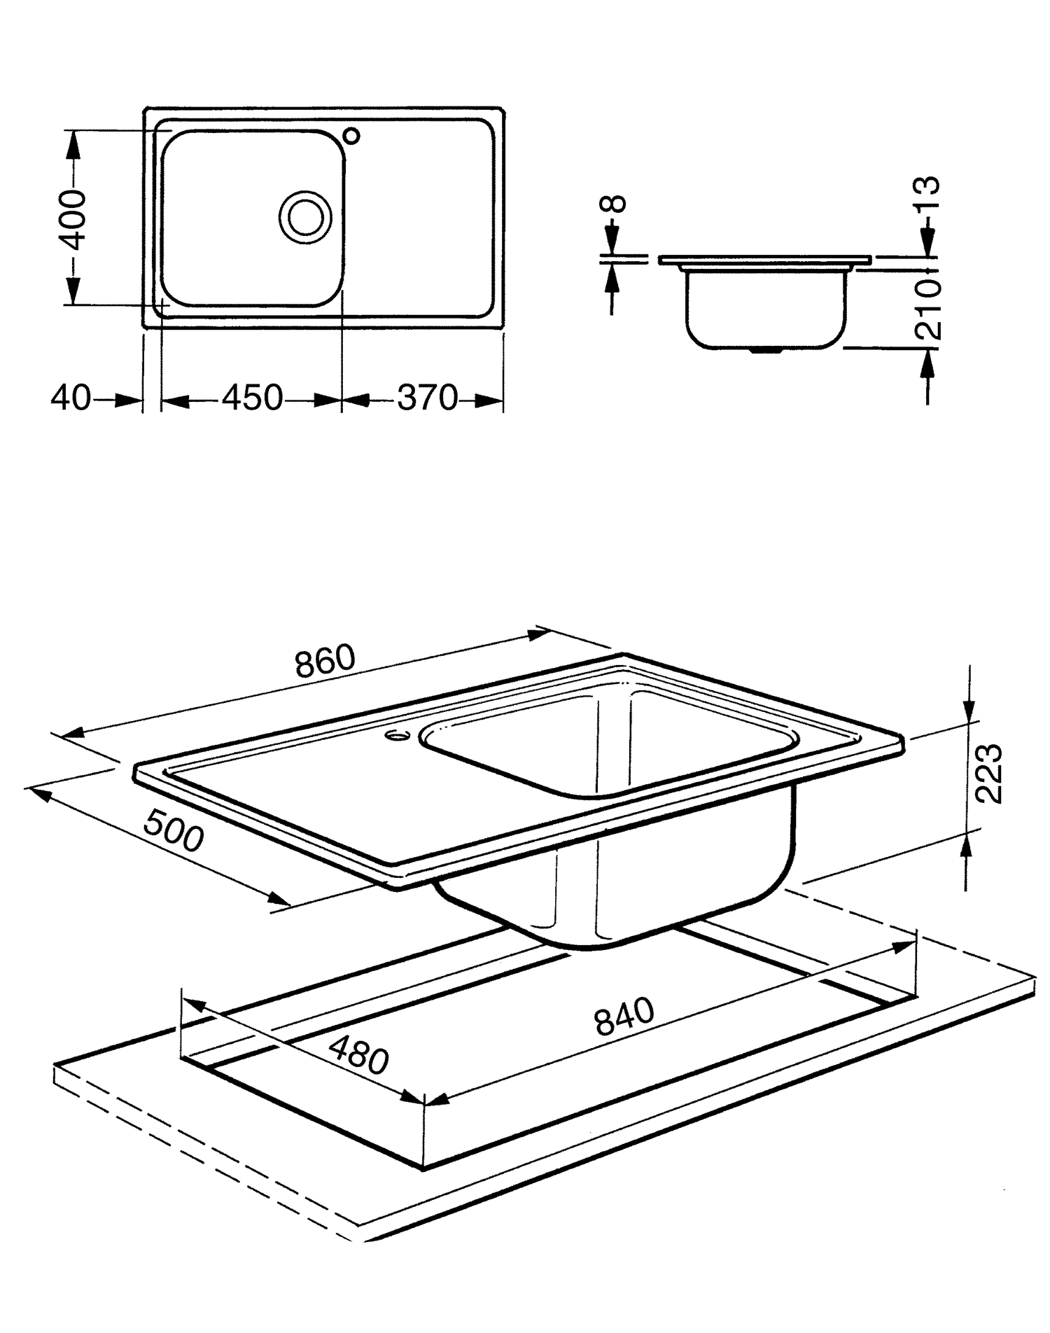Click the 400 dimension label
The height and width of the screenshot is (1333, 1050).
(x=72, y=218)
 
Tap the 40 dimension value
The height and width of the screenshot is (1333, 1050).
(x=71, y=399)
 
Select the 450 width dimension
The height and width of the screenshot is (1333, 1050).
(x=253, y=398)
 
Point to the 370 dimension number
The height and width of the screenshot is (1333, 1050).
(x=427, y=398)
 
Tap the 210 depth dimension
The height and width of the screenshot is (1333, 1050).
(x=928, y=309)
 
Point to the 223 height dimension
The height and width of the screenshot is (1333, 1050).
(x=988, y=774)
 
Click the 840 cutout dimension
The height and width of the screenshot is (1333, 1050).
(x=624, y=1016)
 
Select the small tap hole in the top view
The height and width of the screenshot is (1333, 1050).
(x=352, y=135)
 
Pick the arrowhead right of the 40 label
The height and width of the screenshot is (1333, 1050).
(x=129, y=400)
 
